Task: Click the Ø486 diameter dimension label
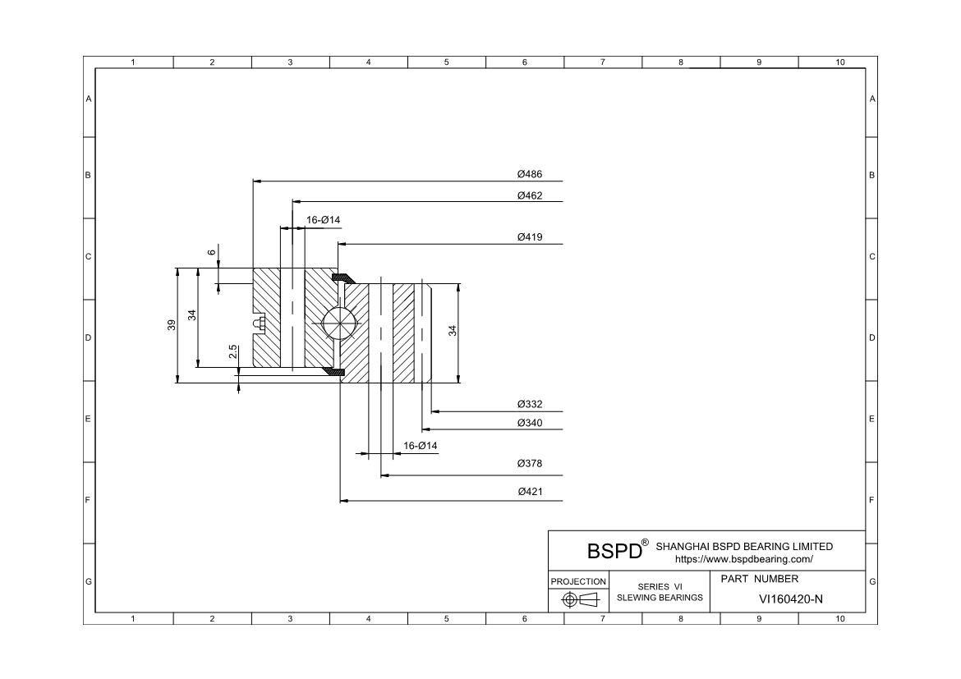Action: pos(530,174)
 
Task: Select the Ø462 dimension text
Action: pos(530,195)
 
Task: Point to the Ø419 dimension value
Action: pos(530,237)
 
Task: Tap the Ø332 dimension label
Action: pos(530,405)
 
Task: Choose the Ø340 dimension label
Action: pos(530,423)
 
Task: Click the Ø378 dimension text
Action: pos(530,464)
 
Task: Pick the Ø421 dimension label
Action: pos(530,492)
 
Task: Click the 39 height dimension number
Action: pos(172,324)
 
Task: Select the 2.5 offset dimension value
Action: pos(233,351)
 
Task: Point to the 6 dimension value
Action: pos(212,252)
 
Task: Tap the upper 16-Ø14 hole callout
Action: pos(323,220)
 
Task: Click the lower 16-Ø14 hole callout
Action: pos(421,446)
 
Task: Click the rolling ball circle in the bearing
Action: pos(340,323)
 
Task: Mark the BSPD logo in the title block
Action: pos(614,550)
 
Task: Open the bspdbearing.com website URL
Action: pos(743,559)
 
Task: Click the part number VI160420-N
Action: pos(790,599)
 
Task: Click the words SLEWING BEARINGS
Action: pos(660,597)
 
